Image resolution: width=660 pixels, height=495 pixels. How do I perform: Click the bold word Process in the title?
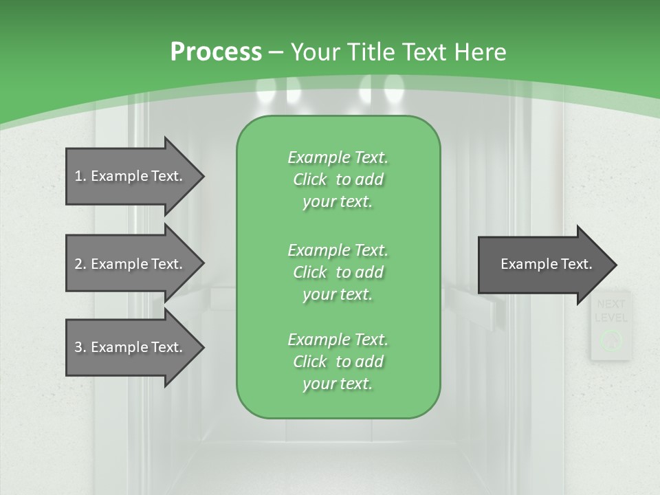point(216,52)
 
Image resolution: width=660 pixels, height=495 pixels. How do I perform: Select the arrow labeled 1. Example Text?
point(131,176)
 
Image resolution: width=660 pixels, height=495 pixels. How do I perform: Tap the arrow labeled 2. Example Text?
point(131,264)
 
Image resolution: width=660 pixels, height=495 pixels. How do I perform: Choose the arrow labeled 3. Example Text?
point(131,347)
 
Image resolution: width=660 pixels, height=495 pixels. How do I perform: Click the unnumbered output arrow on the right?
point(543,264)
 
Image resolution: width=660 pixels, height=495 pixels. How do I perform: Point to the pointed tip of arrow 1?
point(203,176)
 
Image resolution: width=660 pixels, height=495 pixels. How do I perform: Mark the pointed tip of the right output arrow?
point(615,264)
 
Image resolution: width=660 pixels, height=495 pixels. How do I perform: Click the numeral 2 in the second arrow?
point(78,264)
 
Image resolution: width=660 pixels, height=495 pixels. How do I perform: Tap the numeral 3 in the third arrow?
point(78,347)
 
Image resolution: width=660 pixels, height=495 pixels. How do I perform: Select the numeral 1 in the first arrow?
point(78,176)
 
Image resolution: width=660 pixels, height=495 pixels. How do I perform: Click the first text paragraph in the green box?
point(338,179)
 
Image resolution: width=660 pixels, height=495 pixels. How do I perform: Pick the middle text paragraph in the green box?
point(338,272)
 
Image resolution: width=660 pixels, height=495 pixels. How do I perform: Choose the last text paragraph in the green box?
point(338,362)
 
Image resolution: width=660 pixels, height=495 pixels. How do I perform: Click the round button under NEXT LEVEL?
point(610,339)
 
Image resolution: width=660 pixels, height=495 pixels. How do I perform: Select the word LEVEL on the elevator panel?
point(610,318)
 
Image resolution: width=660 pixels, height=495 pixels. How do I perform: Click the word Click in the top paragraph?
point(310,179)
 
